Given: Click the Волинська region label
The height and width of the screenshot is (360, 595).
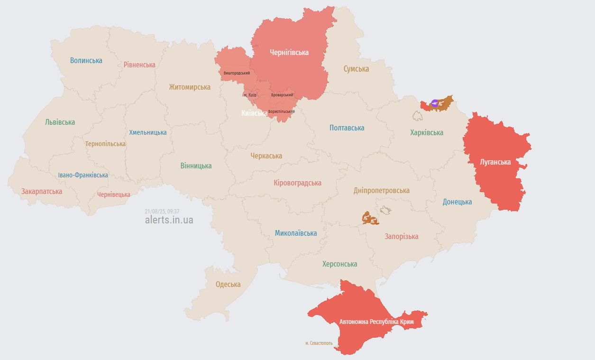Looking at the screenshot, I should (86, 60).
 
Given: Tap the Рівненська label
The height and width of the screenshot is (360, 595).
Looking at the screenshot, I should (139, 65).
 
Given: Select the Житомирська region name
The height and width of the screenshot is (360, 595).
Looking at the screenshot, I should (190, 87).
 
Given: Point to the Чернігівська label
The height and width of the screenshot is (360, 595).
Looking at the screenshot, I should (289, 52).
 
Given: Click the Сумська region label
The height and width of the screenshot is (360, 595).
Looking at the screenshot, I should (356, 69).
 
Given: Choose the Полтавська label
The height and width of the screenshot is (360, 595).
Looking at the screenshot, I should (347, 128).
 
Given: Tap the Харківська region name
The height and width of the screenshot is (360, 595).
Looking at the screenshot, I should (427, 132).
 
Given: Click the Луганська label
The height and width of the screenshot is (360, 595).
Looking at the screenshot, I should (495, 162).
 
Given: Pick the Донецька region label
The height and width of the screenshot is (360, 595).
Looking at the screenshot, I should (457, 202).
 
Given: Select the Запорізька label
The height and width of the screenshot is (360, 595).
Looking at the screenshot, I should (401, 236).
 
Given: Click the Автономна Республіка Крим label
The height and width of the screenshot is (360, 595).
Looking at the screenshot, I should (376, 322).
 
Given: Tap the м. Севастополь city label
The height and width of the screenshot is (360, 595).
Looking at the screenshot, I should (319, 343).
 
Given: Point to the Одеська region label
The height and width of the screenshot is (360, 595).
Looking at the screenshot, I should (228, 285).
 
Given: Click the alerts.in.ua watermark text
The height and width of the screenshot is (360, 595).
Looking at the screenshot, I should (169, 220).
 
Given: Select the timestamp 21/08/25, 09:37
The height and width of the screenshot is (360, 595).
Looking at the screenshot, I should (162, 212).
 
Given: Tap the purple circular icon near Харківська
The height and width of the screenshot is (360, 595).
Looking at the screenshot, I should (435, 103).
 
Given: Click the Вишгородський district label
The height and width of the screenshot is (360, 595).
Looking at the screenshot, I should (237, 73).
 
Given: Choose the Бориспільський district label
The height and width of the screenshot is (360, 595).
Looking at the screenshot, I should (281, 111).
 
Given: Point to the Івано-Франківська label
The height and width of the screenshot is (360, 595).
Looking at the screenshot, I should (83, 175).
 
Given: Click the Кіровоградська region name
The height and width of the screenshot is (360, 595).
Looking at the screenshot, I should (297, 183).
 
